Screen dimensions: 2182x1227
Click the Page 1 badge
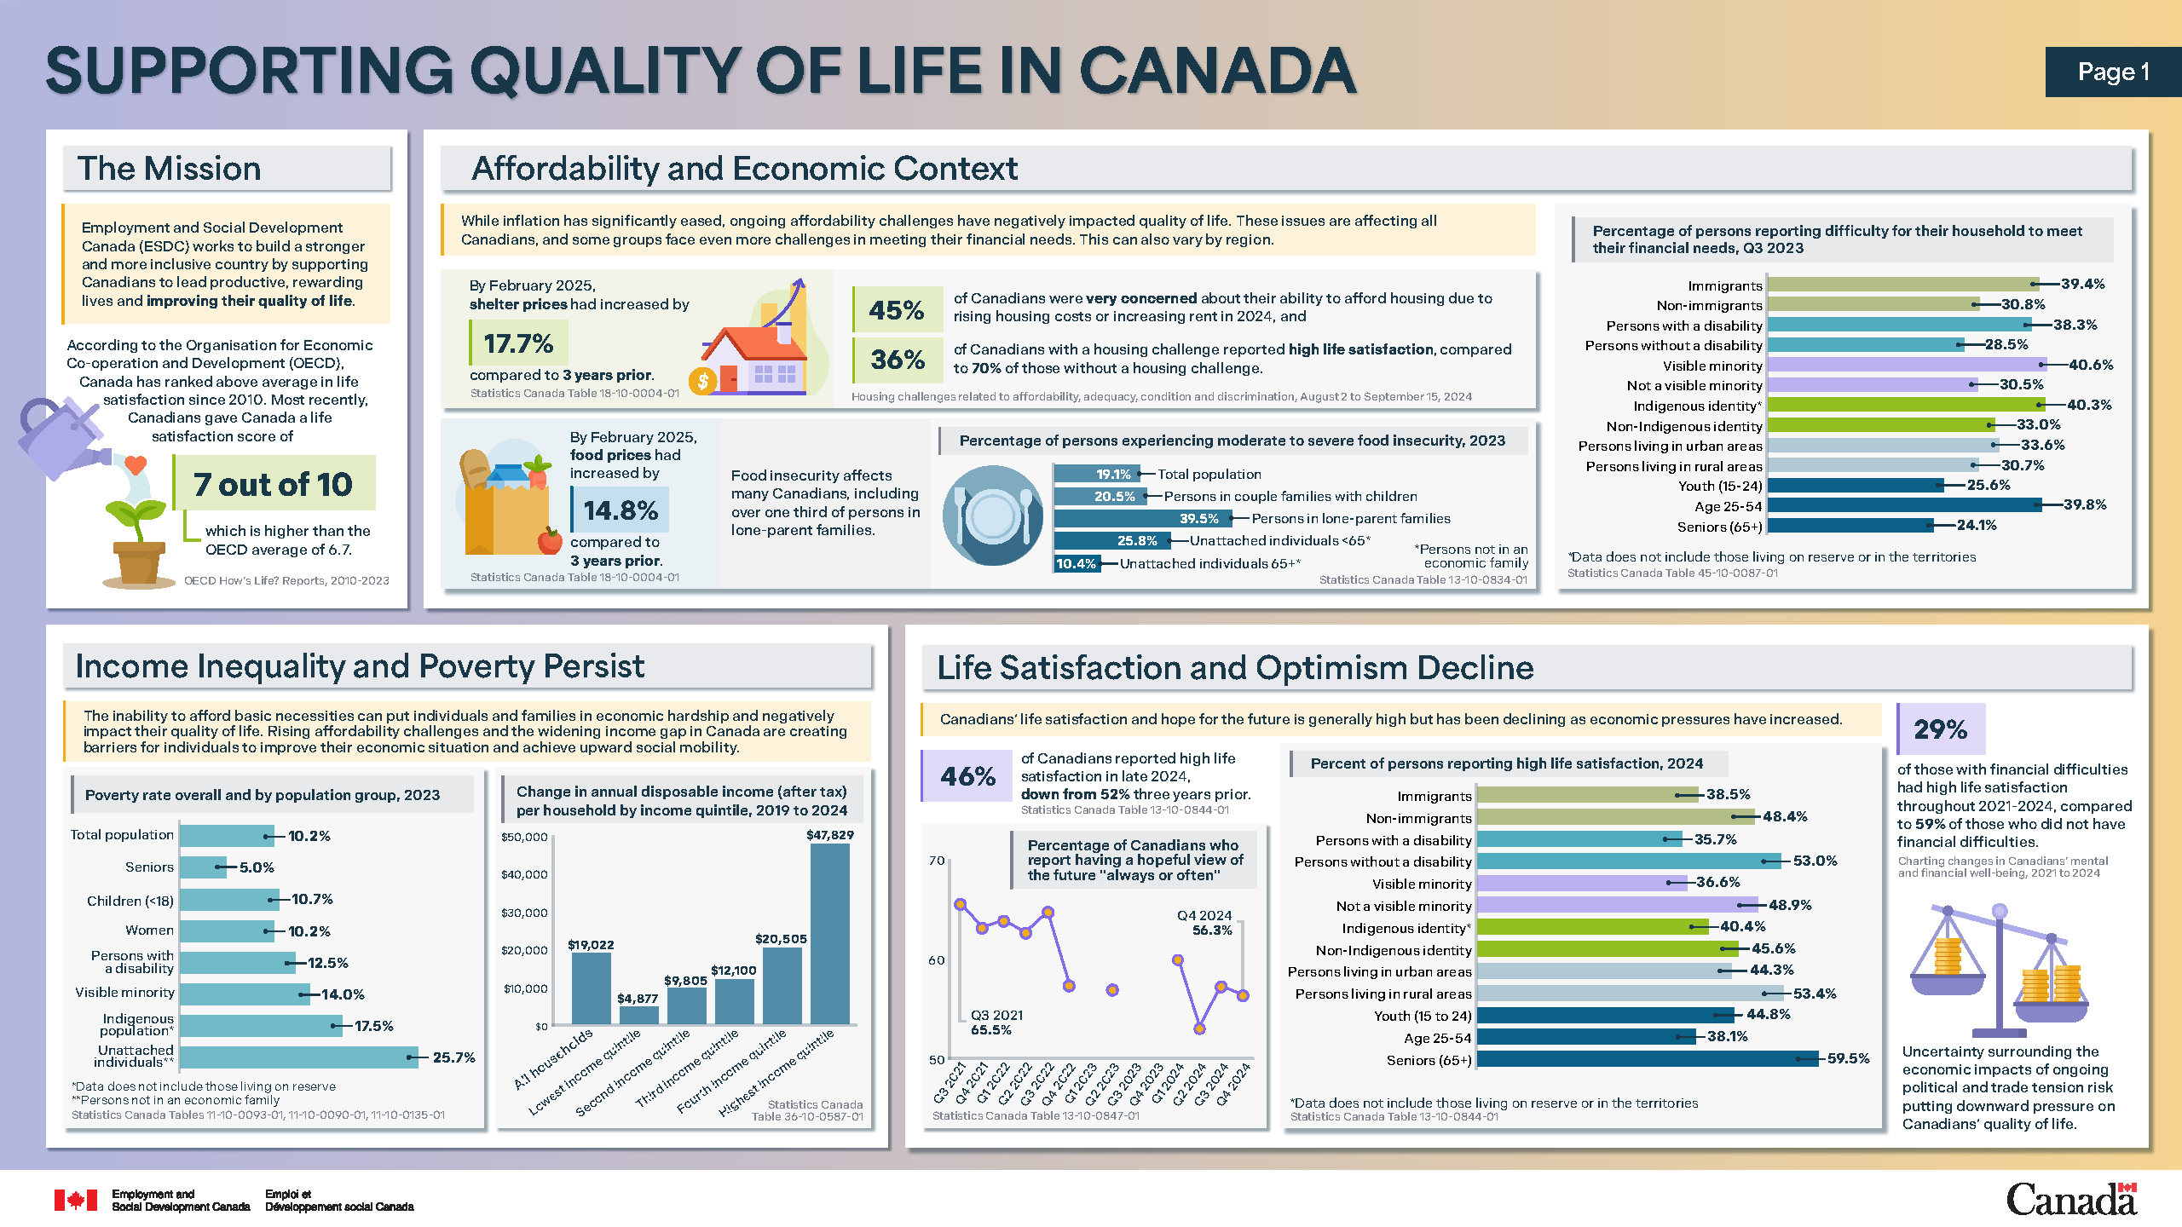[x=2113, y=72]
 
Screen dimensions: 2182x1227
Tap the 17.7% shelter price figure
[x=518, y=343]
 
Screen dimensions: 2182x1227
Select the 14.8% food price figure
[x=621, y=510]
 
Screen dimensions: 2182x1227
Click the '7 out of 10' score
[x=273, y=484]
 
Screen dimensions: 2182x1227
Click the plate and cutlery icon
[x=992, y=516]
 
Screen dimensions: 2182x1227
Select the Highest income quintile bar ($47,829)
[x=830, y=934]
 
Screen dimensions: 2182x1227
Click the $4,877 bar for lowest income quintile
[x=638, y=1016]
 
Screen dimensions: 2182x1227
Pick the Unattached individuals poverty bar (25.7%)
[x=299, y=1057]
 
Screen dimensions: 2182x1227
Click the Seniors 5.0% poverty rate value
[x=257, y=867]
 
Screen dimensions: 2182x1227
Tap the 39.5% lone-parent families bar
[x=1143, y=518]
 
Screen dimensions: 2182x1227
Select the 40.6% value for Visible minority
[x=2091, y=365]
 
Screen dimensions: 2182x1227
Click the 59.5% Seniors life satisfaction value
[x=1849, y=1058]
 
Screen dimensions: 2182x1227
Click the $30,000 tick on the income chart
[x=525, y=913]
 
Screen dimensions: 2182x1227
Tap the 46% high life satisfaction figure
[x=968, y=776]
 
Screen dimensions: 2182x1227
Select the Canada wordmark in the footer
[x=2072, y=1199]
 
